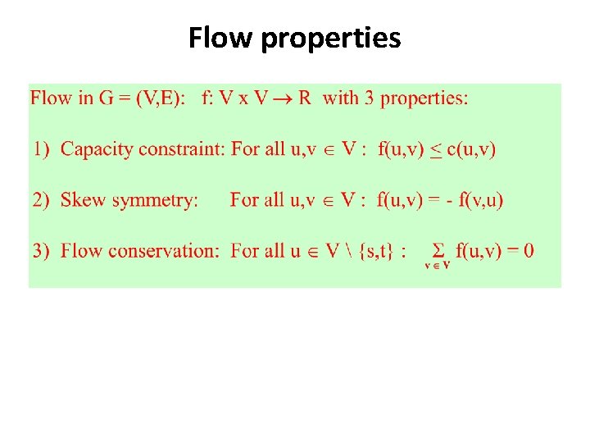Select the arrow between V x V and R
tap(281, 99)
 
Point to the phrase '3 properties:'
tap(416, 99)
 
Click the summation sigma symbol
tap(438, 249)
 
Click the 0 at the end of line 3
tap(528, 249)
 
